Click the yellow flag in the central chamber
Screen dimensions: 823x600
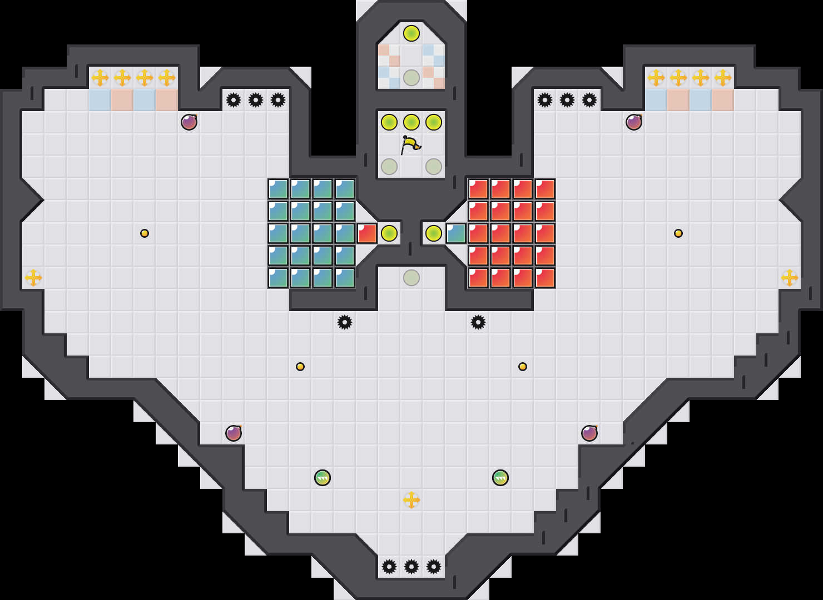410,145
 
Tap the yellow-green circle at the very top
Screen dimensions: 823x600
411,33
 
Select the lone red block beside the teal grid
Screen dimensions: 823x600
367,233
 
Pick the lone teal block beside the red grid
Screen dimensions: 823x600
456,233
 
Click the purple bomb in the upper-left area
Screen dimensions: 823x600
189,122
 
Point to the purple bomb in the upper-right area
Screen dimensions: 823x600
634,122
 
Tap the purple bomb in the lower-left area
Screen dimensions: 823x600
234,433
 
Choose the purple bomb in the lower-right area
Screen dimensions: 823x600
589,433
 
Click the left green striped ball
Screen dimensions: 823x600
323,478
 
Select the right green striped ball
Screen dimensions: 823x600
500,478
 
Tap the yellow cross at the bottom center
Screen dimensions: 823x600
411,500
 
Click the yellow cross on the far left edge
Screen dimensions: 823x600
33,278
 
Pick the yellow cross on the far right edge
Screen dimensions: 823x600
790,278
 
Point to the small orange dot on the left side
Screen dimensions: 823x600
145,233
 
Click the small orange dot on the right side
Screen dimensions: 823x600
678,233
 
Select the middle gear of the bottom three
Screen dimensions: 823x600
411,567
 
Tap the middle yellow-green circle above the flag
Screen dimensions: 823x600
411,122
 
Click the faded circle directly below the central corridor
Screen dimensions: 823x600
411,278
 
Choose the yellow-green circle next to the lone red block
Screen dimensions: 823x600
389,233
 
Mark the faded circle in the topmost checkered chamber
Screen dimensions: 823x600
411,78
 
